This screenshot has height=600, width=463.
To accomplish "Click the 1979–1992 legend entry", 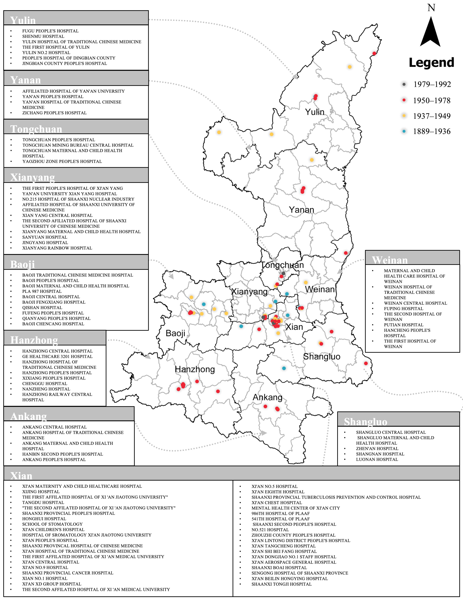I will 432,84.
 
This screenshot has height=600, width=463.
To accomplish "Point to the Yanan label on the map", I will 301,210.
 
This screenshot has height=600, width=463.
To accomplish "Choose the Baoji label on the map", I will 175,333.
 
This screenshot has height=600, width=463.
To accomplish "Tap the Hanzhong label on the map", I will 195,369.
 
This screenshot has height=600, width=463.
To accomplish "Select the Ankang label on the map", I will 267,397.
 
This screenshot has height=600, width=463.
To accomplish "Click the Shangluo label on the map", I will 322,357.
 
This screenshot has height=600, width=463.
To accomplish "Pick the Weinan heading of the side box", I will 390,260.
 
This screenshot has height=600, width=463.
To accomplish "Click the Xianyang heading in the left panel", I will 32,177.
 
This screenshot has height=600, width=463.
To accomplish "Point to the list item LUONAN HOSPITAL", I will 377,459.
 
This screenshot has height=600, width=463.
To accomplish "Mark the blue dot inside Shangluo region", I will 284,368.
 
